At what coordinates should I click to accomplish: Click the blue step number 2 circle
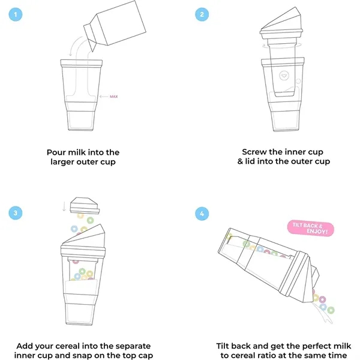(x=202, y=14)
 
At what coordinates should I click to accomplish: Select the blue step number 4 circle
(x=202, y=214)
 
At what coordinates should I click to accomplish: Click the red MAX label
(x=115, y=96)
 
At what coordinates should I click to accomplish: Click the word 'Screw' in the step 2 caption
(x=256, y=152)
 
